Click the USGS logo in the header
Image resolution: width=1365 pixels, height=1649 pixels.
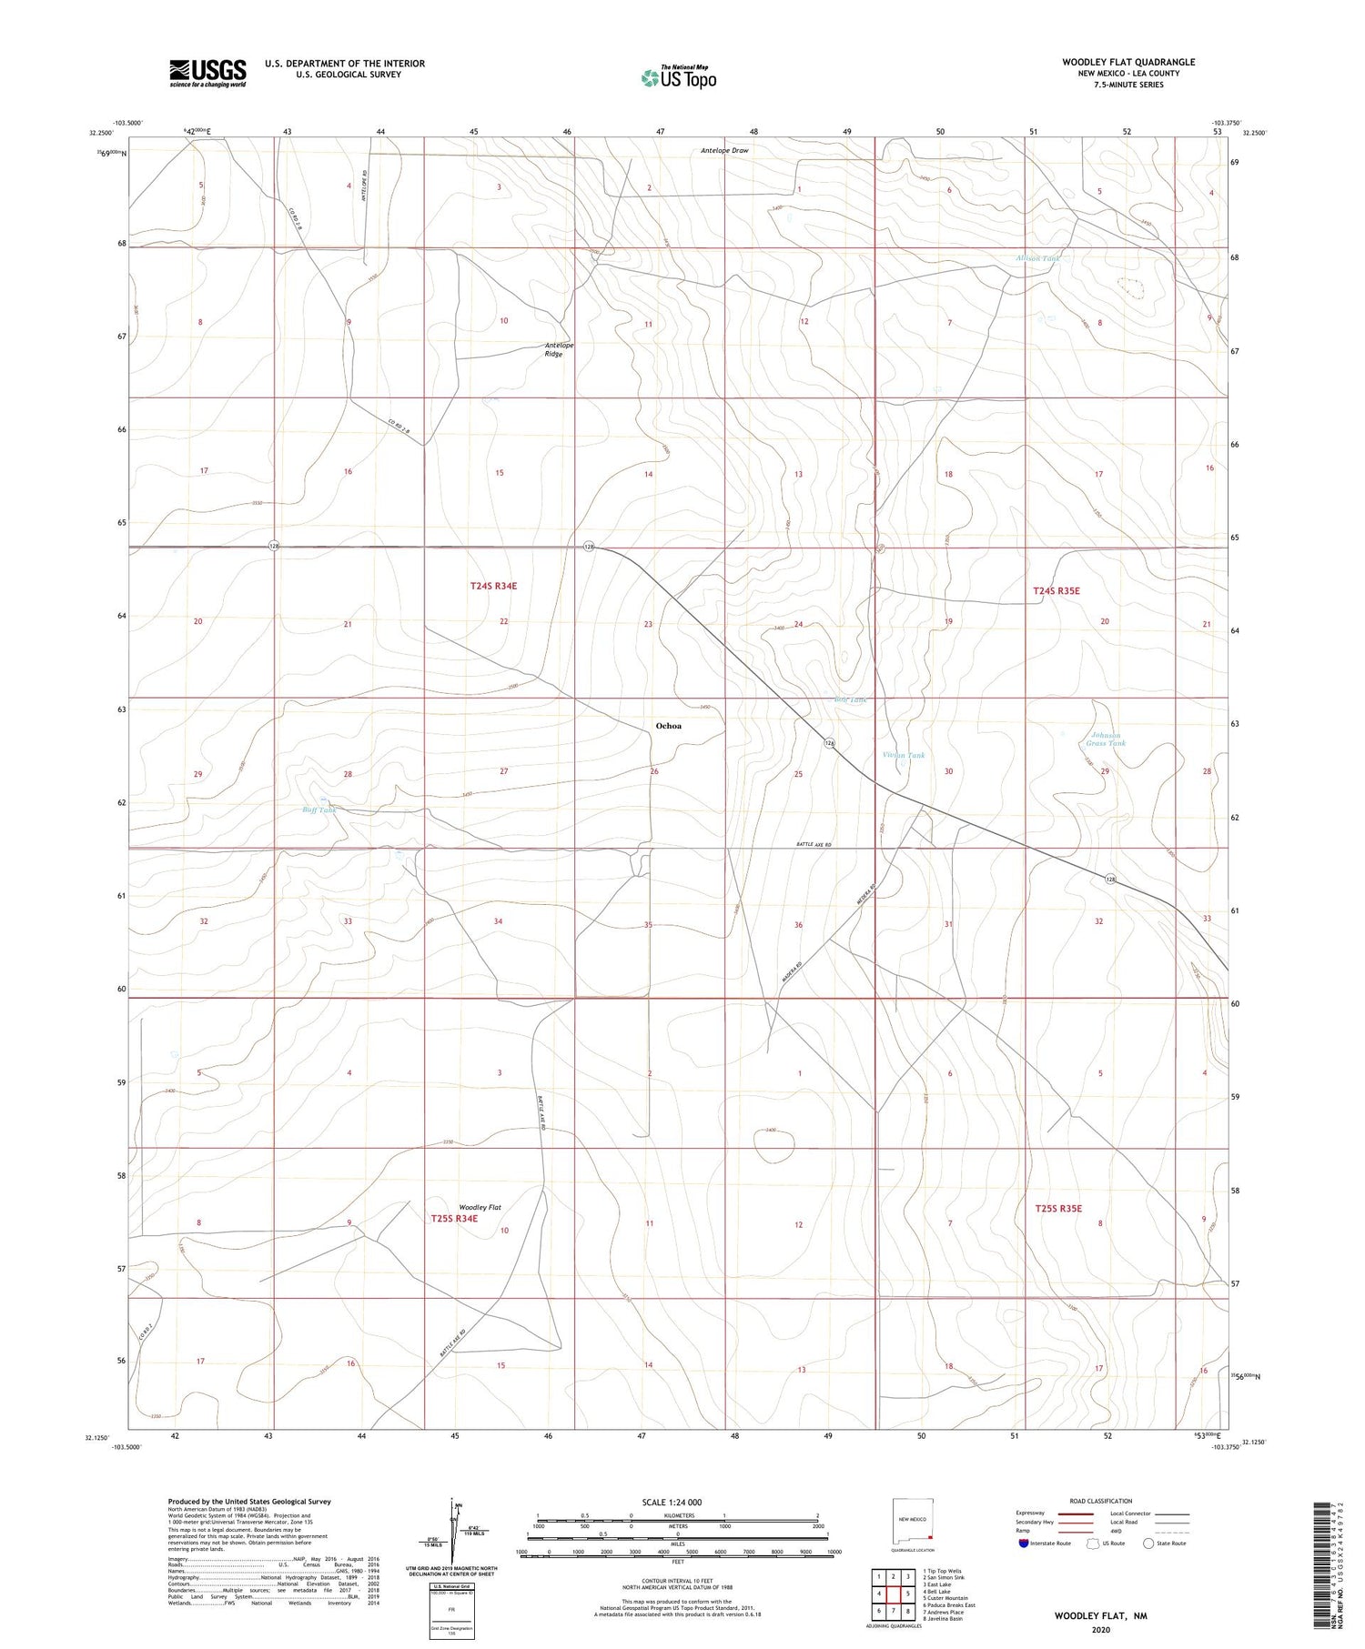[207, 73]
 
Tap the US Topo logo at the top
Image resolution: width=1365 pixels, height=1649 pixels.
[678, 77]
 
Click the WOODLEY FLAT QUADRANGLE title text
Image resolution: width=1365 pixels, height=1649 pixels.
[1127, 62]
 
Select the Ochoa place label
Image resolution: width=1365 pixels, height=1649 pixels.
[668, 726]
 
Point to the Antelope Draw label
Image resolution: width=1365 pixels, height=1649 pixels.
[724, 150]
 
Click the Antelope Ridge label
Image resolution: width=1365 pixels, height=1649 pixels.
[559, 349]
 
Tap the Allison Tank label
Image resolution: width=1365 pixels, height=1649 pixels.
[1037, 258]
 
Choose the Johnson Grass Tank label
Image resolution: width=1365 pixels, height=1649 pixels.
[1106, 739]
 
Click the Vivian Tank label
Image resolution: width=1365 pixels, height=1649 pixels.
[904, 756]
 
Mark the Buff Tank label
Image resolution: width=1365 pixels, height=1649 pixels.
[319, 810]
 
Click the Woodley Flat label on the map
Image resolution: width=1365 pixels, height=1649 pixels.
[480, 1207]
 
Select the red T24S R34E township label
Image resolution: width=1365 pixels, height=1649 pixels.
[493, 586]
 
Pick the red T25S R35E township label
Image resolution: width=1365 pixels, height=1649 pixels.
[1058, 1208]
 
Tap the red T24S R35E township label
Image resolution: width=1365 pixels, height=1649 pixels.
[1056, 591]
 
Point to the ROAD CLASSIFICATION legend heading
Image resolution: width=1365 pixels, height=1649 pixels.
[1100, 1501]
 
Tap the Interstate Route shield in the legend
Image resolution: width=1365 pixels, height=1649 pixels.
[1024, 1543]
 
